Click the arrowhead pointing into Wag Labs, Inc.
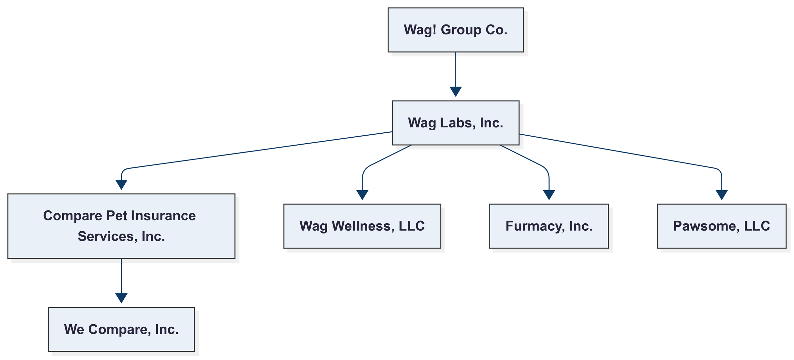coord(455,92)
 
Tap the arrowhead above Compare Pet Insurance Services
coord(121,184)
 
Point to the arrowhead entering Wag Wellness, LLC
coord(362,195)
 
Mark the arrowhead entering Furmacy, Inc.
coord(549,195)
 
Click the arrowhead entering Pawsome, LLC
coord(722,195)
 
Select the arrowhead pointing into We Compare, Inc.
coord(121,298)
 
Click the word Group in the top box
coord(461,30)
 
